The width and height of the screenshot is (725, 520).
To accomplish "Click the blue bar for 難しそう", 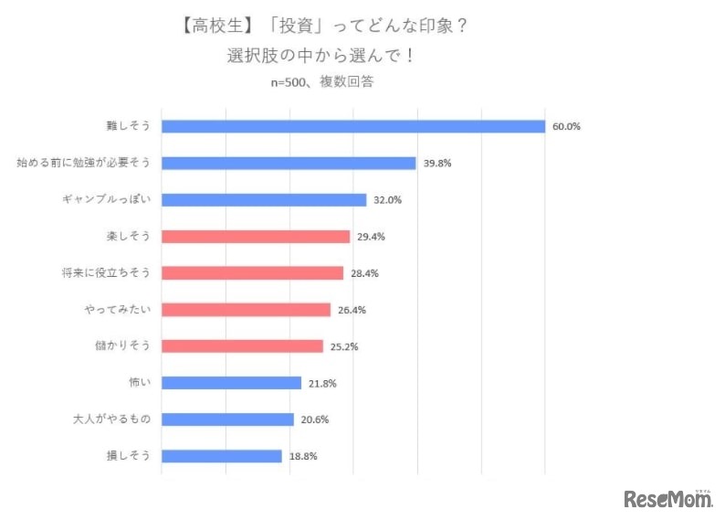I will tap(352, 126).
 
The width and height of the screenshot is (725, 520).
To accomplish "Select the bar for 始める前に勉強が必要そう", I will tap(289, 163).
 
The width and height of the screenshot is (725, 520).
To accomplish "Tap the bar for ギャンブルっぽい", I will tap(264, 199).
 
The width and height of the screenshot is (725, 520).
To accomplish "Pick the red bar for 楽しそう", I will tap(256, 236).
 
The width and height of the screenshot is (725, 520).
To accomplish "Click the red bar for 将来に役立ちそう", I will tap(252, 272).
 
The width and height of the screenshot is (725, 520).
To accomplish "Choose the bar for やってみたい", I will tap(246, 310).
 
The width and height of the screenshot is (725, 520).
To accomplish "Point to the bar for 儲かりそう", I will tap(242, 346).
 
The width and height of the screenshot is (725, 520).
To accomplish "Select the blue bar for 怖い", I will tap(231, 383).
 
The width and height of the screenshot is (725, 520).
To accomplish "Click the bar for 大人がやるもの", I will tap(227, 419).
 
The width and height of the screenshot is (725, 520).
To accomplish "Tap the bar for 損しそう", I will tap(222, 456).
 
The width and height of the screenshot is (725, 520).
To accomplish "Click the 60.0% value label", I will tap(566, 126).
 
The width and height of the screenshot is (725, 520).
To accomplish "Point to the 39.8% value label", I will tap(437, 163).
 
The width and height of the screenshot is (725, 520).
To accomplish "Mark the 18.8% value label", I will tap(303, 456).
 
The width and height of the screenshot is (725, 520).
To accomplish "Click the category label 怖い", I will tap(135, 383).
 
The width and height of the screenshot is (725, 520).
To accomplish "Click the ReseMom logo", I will tap(667, 499).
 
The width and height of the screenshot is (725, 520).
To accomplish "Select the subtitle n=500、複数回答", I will tap(322, 81).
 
